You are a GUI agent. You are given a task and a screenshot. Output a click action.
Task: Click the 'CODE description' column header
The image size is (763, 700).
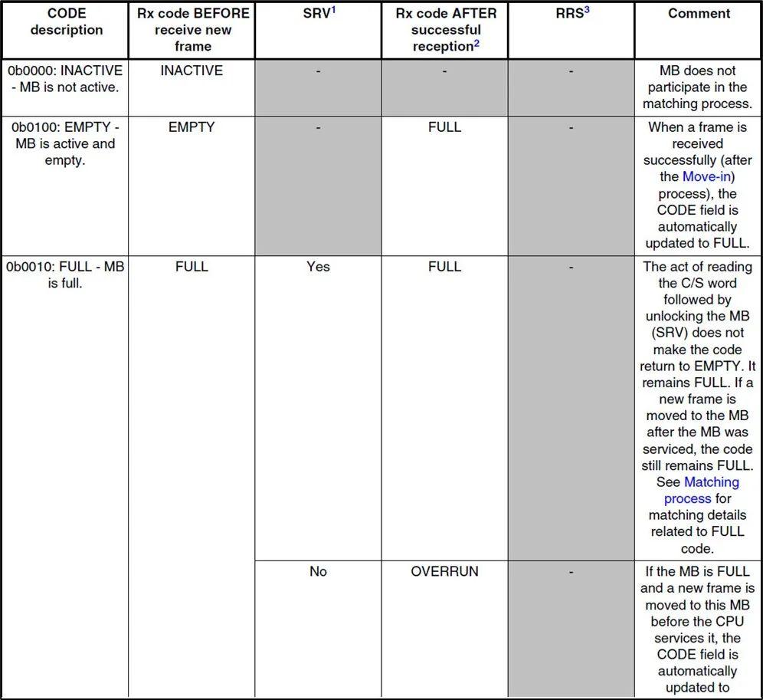click(x=65, y=21)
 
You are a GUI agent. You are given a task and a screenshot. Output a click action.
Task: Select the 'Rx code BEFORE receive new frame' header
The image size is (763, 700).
click(x=192, y=30)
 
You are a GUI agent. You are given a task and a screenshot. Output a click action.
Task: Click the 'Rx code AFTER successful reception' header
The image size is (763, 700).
click(x=445, y=30)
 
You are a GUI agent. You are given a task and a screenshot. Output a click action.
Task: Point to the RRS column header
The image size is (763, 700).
click(x=568, y=14)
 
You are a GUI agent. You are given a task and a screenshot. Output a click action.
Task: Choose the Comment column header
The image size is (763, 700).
click(x=699, y=13)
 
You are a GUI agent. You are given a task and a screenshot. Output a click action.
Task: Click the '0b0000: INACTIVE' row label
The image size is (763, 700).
click(x=65, y=78)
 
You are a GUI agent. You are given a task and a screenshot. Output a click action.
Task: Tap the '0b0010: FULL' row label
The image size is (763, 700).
click(x=65, y=274)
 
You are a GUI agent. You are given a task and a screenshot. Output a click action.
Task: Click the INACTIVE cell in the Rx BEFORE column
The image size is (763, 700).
click(x=192, y=71)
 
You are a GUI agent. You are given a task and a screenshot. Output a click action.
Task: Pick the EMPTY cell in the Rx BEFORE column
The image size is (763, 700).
click(x=192, y=127)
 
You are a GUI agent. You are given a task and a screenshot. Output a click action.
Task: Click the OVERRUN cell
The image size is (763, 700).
click(x=444, y=571)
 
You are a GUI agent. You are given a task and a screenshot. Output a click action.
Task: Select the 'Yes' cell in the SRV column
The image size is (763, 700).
click(x=318, y=266)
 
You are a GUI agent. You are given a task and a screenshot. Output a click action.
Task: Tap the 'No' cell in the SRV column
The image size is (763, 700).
click(x=318, y=571)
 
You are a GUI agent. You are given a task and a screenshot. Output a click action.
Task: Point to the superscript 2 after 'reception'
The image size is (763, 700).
click(x=476, y=43)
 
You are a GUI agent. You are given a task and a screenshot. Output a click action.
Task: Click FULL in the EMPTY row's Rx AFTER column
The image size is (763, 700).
click(x=444, y=127)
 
